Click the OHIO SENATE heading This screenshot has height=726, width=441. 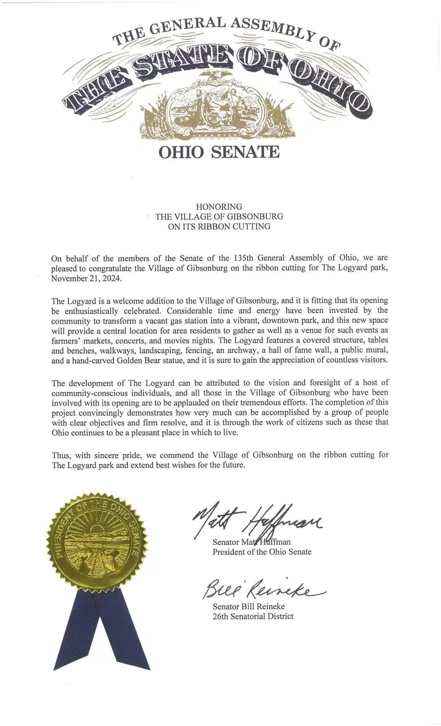219,152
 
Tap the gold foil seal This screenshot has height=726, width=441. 98,545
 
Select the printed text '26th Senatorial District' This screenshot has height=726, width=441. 253,616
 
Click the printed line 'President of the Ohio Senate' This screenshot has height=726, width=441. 262,552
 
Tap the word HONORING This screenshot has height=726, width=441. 219,206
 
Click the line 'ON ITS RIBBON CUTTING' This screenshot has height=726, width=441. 219,226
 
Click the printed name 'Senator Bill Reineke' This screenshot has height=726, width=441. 249,606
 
